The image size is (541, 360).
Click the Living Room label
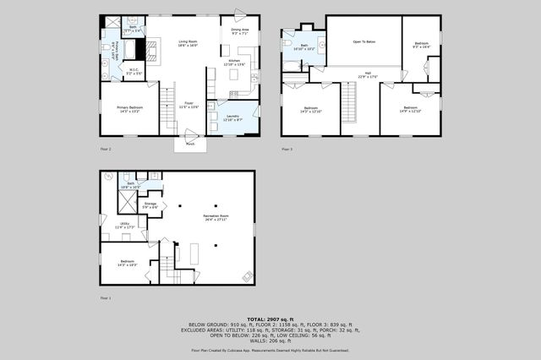click(x=187, y=42)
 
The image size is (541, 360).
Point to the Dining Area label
click(x=240, y=32)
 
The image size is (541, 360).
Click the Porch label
click(x=190, y=144)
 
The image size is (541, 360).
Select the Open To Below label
click(x=364, y=41)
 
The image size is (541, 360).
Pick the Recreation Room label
click(x=216, y=218)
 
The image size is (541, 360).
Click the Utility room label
click(x=124, y=225)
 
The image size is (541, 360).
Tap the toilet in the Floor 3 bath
click(x=287, y=42)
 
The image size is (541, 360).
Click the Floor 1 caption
click(x=106, y=298)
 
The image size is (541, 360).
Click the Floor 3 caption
click(x=287, y=149)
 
